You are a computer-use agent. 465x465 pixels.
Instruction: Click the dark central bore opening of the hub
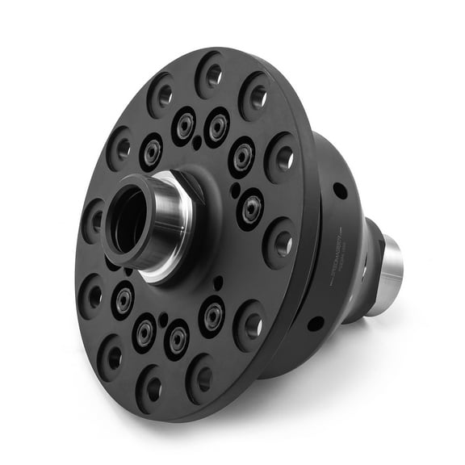(129, 222)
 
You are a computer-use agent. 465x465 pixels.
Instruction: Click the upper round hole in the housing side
(340, 191)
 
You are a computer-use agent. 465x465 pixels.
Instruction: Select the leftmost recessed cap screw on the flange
(124, 300)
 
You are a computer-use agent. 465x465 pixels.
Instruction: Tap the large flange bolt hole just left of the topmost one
(161, 94)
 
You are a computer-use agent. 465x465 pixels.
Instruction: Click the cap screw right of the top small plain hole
(216, 126)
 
